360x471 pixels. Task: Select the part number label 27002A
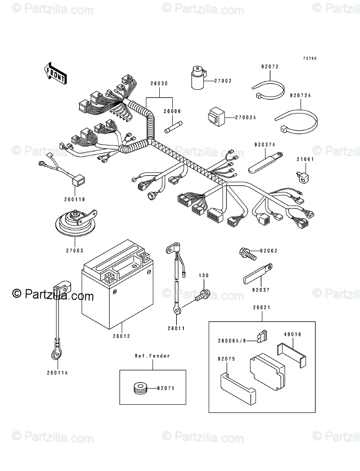[x=245, y=118]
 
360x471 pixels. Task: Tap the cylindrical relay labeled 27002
[x=198, y=79]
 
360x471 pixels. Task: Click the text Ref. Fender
[x=152, y=356]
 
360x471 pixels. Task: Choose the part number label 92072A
[x=301, y=95]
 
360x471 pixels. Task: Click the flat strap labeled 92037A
[x=265, y=162]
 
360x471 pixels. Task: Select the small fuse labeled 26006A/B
[x=263, y=336]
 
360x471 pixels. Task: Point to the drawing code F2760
[x=310, y=59]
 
